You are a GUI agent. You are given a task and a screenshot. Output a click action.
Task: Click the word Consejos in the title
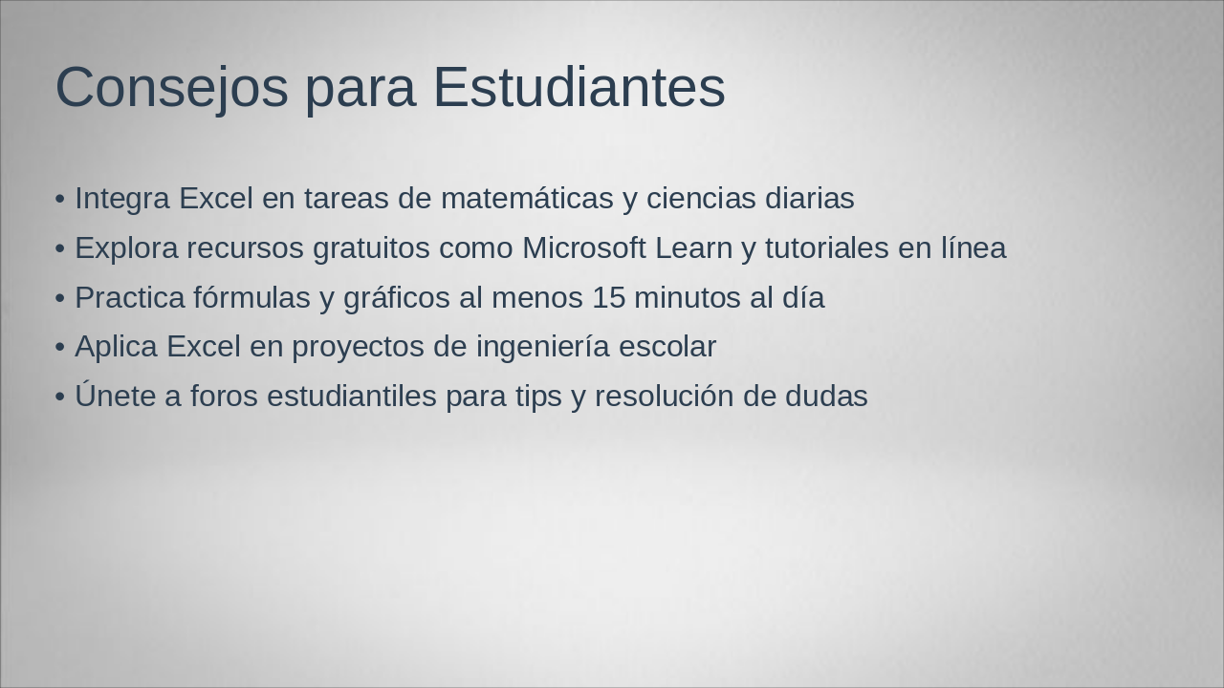click(x=171, y=88)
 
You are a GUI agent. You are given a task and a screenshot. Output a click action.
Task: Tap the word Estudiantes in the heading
click(x=579, y=88)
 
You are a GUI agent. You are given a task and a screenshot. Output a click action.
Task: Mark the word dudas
click(x=826, y=397)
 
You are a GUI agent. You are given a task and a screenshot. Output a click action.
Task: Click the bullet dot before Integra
click(x=60, y=200)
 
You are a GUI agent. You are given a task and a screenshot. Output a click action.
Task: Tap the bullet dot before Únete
click(x=60, y=398)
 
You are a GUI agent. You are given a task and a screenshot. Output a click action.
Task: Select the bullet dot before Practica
click(x=60, y=299)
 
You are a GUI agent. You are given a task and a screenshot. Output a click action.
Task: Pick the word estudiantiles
click(x=352, y=397)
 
